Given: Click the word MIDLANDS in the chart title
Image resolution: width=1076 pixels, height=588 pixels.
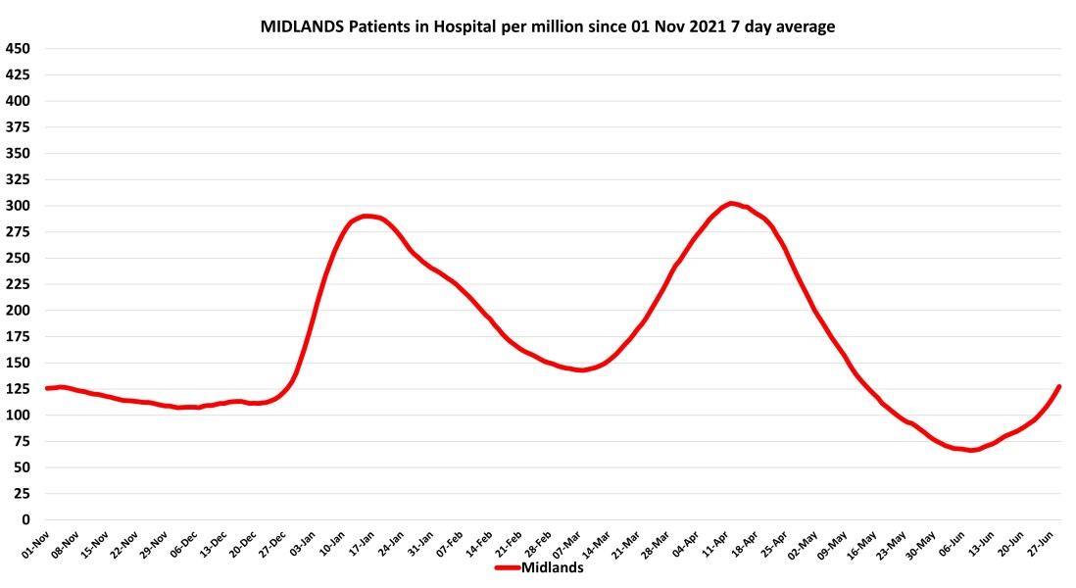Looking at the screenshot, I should (x=298, y=27).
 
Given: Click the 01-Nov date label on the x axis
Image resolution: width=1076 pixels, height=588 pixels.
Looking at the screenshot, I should (x=35, y=545).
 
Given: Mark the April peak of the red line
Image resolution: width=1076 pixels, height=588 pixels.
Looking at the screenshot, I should (x=731, y=203).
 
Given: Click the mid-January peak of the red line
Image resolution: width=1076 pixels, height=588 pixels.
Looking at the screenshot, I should (x=367, y=216).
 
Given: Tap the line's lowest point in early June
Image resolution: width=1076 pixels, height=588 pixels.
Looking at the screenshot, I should (x=970, y=450).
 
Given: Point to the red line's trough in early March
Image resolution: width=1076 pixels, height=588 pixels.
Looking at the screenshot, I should (x=581, y=369).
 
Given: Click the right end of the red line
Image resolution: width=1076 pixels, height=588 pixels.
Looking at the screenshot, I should (x=1059, y=387).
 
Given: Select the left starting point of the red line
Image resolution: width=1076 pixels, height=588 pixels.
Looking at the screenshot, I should (x=46, y=388).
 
